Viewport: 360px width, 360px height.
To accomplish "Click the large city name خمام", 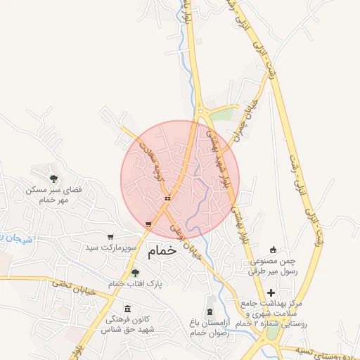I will (x=162, y=249).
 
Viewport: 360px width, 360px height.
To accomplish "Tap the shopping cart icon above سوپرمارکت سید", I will (x=110, y=236).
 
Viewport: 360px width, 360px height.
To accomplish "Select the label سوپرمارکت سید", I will (x=110, y=248).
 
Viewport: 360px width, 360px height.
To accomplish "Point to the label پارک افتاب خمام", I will (x=135, y=283).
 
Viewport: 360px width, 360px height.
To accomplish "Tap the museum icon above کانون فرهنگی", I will (x=127, y=309).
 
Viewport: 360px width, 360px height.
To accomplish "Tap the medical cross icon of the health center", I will (x=271, y=292).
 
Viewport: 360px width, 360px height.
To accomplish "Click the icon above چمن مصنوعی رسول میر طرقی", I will (x=274, y=250).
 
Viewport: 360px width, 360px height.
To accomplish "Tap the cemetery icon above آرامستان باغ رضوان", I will (x=210, y=311).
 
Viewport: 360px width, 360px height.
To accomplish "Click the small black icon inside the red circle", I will (x=167, y=198).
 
